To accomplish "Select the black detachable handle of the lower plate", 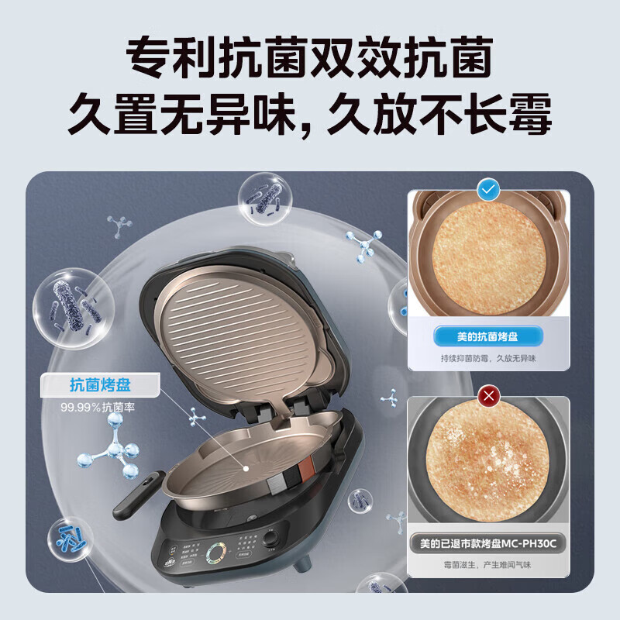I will click(x=138, y=494).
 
